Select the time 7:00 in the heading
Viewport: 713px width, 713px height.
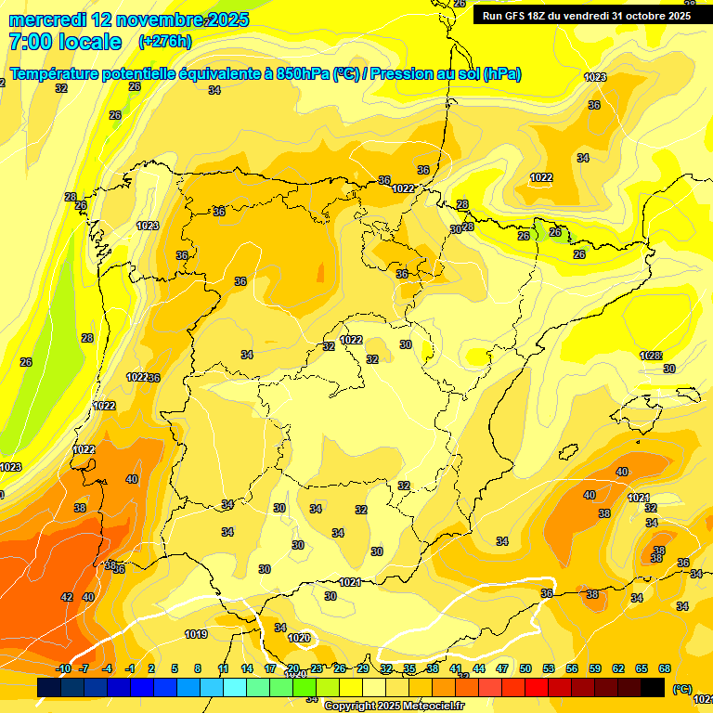(x=27, y=41)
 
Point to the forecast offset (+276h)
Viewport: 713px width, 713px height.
(x=164, y=41)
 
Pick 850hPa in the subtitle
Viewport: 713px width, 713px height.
(x=303, y=74)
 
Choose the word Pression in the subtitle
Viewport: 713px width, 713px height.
(x=401, y=74)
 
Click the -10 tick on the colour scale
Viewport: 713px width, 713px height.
(x=63, y=668)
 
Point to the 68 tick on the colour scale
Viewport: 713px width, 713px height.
(x=665, y=668)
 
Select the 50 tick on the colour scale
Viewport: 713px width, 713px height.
(x=525, y=668)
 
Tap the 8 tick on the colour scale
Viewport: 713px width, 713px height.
(x=198, y=668)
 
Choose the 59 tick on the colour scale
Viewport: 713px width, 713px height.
(x=595, y=668)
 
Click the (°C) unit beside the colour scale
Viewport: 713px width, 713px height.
(x=681, y=688)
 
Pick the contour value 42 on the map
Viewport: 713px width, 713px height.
(x=67, y=597)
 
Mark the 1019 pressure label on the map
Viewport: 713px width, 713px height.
(x=196, y=635)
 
